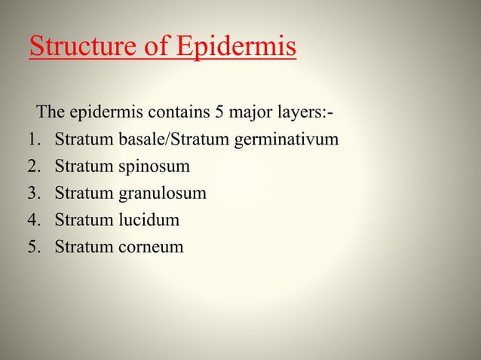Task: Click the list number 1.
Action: coord(32,140)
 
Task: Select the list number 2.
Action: coord(32,166)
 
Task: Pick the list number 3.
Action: coord(32,194)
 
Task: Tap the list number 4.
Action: coord(32,221)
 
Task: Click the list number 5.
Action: coord(32,247)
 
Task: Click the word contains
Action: coord(173,114)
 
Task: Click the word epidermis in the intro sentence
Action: coord(104,114)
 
